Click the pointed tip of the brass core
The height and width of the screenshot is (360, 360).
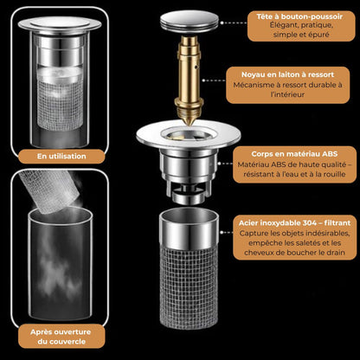pyautogui.click(x=189, y=124)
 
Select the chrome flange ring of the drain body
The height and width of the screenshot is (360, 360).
pyautogui.click(x=188, y=135)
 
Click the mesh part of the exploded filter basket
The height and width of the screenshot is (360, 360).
pyautogui.click(x=189, y=288)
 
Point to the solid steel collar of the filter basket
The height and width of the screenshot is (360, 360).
pyautogui.click(x=189, y=229)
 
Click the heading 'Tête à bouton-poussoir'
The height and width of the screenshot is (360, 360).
pyautogui.click(x=299, y=16)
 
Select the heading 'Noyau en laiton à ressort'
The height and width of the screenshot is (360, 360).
pyautogui.click(x=287, y=74)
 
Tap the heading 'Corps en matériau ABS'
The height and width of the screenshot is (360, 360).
pyautogui.click(x=294, y=154)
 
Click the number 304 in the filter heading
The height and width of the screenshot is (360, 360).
pyautogui.click(x=302, y=222)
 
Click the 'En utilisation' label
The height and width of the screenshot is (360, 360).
pyautogui.click(x=61, y=157)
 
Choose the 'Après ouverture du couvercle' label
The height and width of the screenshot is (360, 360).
pyautogui.click(x=61, y=337)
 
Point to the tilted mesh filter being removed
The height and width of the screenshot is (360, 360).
pyautogui.click(x=49, y=190)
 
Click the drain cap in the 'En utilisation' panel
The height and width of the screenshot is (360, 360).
pyautogui.click(x=60, y=24)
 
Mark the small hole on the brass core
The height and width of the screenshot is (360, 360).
pyautogui.click(x=196, y=67)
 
